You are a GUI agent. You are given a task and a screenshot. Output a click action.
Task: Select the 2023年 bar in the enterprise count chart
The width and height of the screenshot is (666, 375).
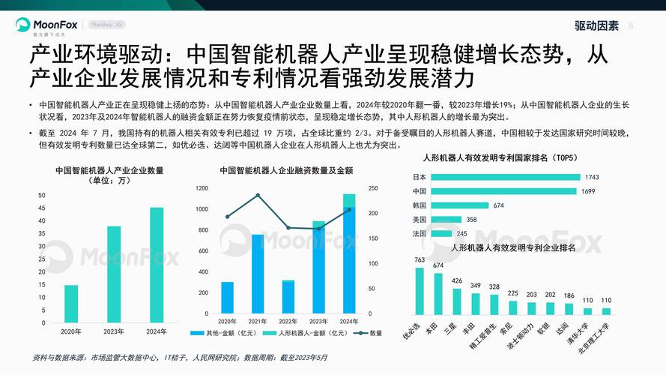[114, 274]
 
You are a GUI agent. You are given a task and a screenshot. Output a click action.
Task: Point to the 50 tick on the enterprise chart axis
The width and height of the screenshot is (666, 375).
[41, 195]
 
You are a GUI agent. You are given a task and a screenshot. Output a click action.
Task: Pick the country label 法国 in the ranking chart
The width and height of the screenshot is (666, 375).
[420, 233]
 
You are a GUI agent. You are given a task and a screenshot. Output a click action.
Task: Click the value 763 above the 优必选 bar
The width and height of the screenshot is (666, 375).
[420, 260]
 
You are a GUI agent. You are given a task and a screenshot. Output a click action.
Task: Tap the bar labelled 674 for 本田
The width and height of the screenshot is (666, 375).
[438, 292]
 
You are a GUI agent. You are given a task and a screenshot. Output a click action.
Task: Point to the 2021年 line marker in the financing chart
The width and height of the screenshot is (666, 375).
[258, 196]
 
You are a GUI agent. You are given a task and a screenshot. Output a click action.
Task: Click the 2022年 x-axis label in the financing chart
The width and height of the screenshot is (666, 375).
[288, 321]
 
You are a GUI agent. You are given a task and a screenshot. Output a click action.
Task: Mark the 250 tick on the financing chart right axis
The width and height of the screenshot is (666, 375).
[372, 188]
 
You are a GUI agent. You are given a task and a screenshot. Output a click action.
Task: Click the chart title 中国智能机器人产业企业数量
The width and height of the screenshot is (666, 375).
[109, 170]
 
